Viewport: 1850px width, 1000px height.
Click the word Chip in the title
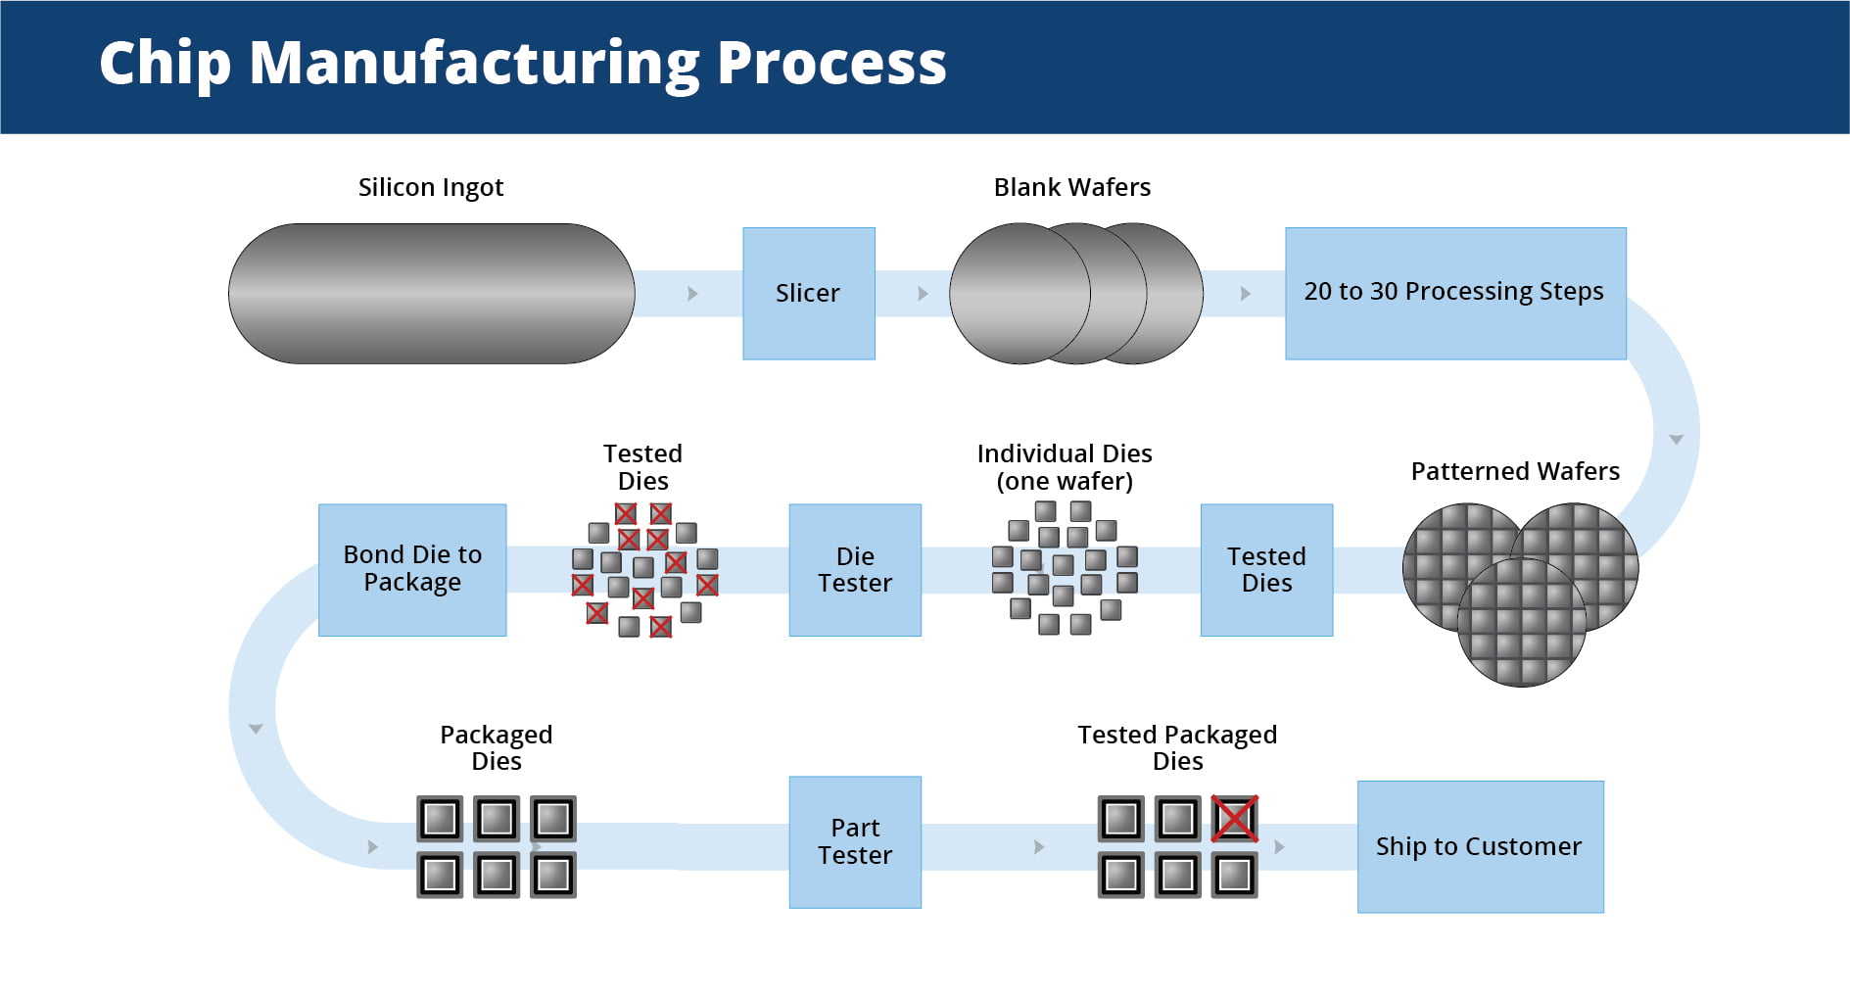coord(165,64)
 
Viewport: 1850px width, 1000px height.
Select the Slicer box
coord(808,293)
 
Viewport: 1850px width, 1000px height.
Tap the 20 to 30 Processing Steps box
coord(1454,293)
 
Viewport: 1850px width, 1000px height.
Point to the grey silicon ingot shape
coord(431,294)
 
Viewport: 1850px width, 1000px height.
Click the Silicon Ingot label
coord(431,187)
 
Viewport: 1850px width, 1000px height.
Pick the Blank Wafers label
coord(1071,187)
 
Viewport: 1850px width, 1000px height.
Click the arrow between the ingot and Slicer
coord(692,294)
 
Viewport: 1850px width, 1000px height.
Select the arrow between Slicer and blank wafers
coord(923,294)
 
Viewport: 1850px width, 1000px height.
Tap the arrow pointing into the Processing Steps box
coord(1245,294)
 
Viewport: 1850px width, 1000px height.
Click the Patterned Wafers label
coord(1514,471)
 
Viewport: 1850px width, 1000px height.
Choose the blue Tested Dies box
coord(1266,570)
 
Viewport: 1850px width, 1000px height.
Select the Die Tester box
coord(855,570)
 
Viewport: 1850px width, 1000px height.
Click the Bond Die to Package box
coord(412,569)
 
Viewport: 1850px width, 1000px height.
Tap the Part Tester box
coord(855,841)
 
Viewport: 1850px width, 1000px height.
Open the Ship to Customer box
coord(1479,846)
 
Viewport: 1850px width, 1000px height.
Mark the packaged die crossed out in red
coord(1234,819)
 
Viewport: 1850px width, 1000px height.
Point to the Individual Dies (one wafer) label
coord(1065,467)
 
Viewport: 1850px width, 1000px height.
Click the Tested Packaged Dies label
coord(1177,747)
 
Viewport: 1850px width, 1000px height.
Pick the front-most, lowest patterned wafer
coord(1521,627)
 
